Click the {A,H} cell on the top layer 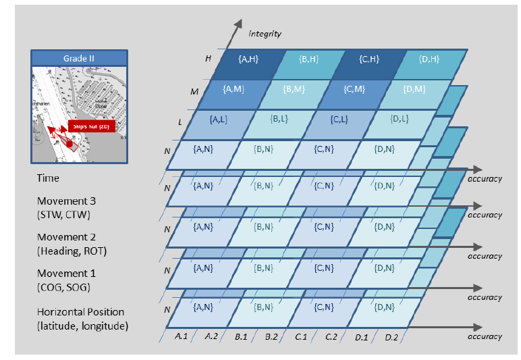point(248,59)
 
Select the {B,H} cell point(308,59)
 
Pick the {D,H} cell point(429,59)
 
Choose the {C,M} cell point(354,90)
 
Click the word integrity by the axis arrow point(265,33)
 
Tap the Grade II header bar point(78,58)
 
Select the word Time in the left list point(48,178)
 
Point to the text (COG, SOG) point(64,287)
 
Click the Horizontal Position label point(80,312)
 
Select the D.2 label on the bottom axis point(392,336)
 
